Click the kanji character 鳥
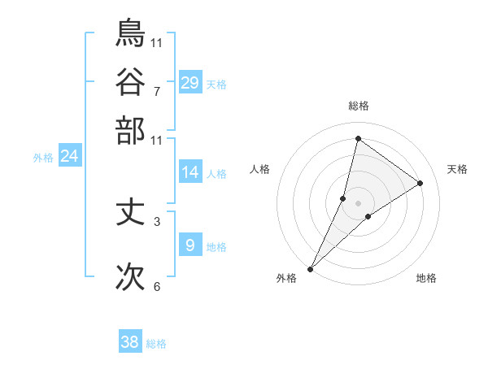click(130, 33)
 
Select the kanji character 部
click(130, 131)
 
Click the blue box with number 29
click(190, 83)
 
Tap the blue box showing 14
click(190, 172)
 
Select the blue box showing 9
click(190, 245)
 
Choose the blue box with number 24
click(69, 156)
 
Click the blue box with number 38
click(130, 342)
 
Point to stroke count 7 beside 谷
click(156, 90)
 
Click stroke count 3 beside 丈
click(156, 221)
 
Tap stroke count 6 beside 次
click(156, 286)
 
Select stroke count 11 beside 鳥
click(156, 41)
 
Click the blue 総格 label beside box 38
click(156, 344)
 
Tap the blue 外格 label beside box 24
click(42, 158)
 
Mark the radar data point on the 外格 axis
click(311, 268)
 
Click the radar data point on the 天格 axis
click(420, 184)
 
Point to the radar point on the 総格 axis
click(358, 138)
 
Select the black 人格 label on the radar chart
click(259, 169)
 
